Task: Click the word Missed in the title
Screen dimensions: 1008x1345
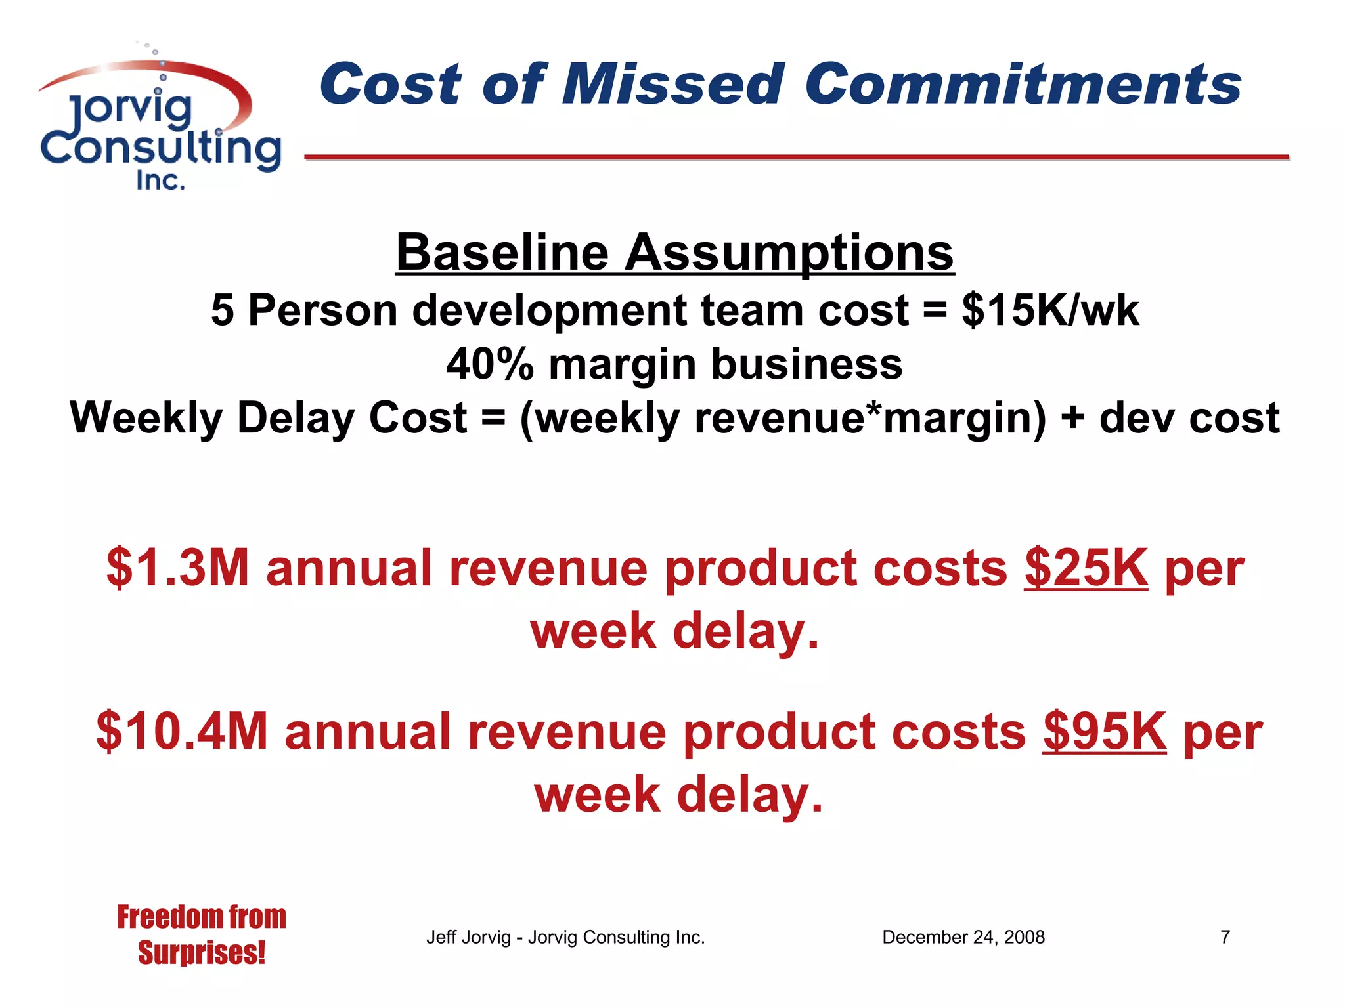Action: point(672,84)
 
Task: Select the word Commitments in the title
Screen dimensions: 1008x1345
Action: point(1023,84)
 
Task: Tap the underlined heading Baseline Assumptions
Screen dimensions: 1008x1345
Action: point(674,253)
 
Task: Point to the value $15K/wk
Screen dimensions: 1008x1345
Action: point(1050,310)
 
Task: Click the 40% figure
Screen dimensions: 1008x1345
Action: point(489,364)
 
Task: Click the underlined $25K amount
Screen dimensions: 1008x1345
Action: point(1086,568)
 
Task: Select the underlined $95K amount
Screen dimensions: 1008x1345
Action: point(1104,732)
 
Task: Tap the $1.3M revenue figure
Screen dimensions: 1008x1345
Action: point(178,568)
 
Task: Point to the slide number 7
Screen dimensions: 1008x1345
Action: point(1225,937)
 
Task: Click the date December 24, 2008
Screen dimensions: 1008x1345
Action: point(963,937)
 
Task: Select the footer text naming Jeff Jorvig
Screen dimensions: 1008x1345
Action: point(565,937)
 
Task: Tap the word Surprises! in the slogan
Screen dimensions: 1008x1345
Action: point(202,953)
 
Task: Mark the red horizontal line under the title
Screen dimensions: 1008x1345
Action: point(797,157)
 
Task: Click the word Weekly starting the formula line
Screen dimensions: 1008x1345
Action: point(146,418)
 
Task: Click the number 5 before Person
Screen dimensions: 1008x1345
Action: point(223,310)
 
